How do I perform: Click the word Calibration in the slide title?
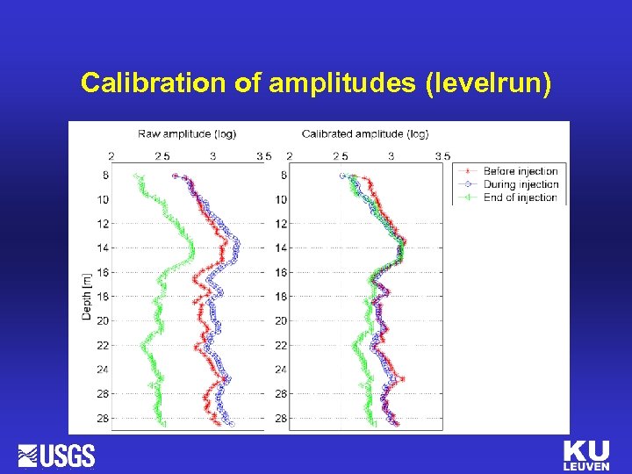tap(154, 83)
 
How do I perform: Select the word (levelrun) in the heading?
tap(487, 83)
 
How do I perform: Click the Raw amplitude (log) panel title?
tap(187, 133)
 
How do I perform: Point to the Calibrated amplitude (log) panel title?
tap(365, 133)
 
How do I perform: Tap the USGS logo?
tap(57, 456)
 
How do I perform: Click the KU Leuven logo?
tap(585, 456)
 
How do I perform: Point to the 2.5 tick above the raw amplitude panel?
tap(162, 156)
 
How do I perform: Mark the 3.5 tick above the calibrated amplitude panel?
tap(442, 156)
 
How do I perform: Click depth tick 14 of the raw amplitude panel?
tap(104, 248)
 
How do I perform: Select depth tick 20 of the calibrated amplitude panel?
tap(281, 321)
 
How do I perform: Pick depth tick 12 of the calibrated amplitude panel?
tap(281, 224)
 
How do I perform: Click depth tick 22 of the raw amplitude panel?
tap(104, 345)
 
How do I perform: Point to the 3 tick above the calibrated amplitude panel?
tap(391, 156)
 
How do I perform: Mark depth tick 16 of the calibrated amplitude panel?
tap(281, 273)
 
